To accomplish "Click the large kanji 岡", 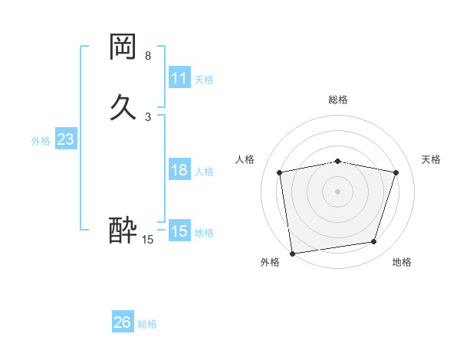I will point(123,47).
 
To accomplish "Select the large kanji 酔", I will point(123,229).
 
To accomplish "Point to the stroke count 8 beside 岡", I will point(147,56).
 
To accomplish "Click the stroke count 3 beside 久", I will point(147,116).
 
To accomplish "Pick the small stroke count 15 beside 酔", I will point(147,240).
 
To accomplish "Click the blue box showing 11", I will point(179,78).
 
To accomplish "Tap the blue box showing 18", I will point(179,170).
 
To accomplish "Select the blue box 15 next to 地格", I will point(179,231).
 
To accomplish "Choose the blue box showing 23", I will point(66,139).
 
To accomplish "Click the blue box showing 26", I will point(123,322).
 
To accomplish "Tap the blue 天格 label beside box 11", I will point(204,79).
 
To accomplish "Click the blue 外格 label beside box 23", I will point(41,140).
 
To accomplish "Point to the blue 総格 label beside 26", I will point(147,323).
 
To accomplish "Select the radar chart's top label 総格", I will point(338,100).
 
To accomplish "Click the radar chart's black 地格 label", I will point(402,262).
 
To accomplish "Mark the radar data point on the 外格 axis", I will point(292,253).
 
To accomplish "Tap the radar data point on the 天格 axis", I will point(396,172).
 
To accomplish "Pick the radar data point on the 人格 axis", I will point(280,172).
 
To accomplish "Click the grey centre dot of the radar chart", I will point(338,191).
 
